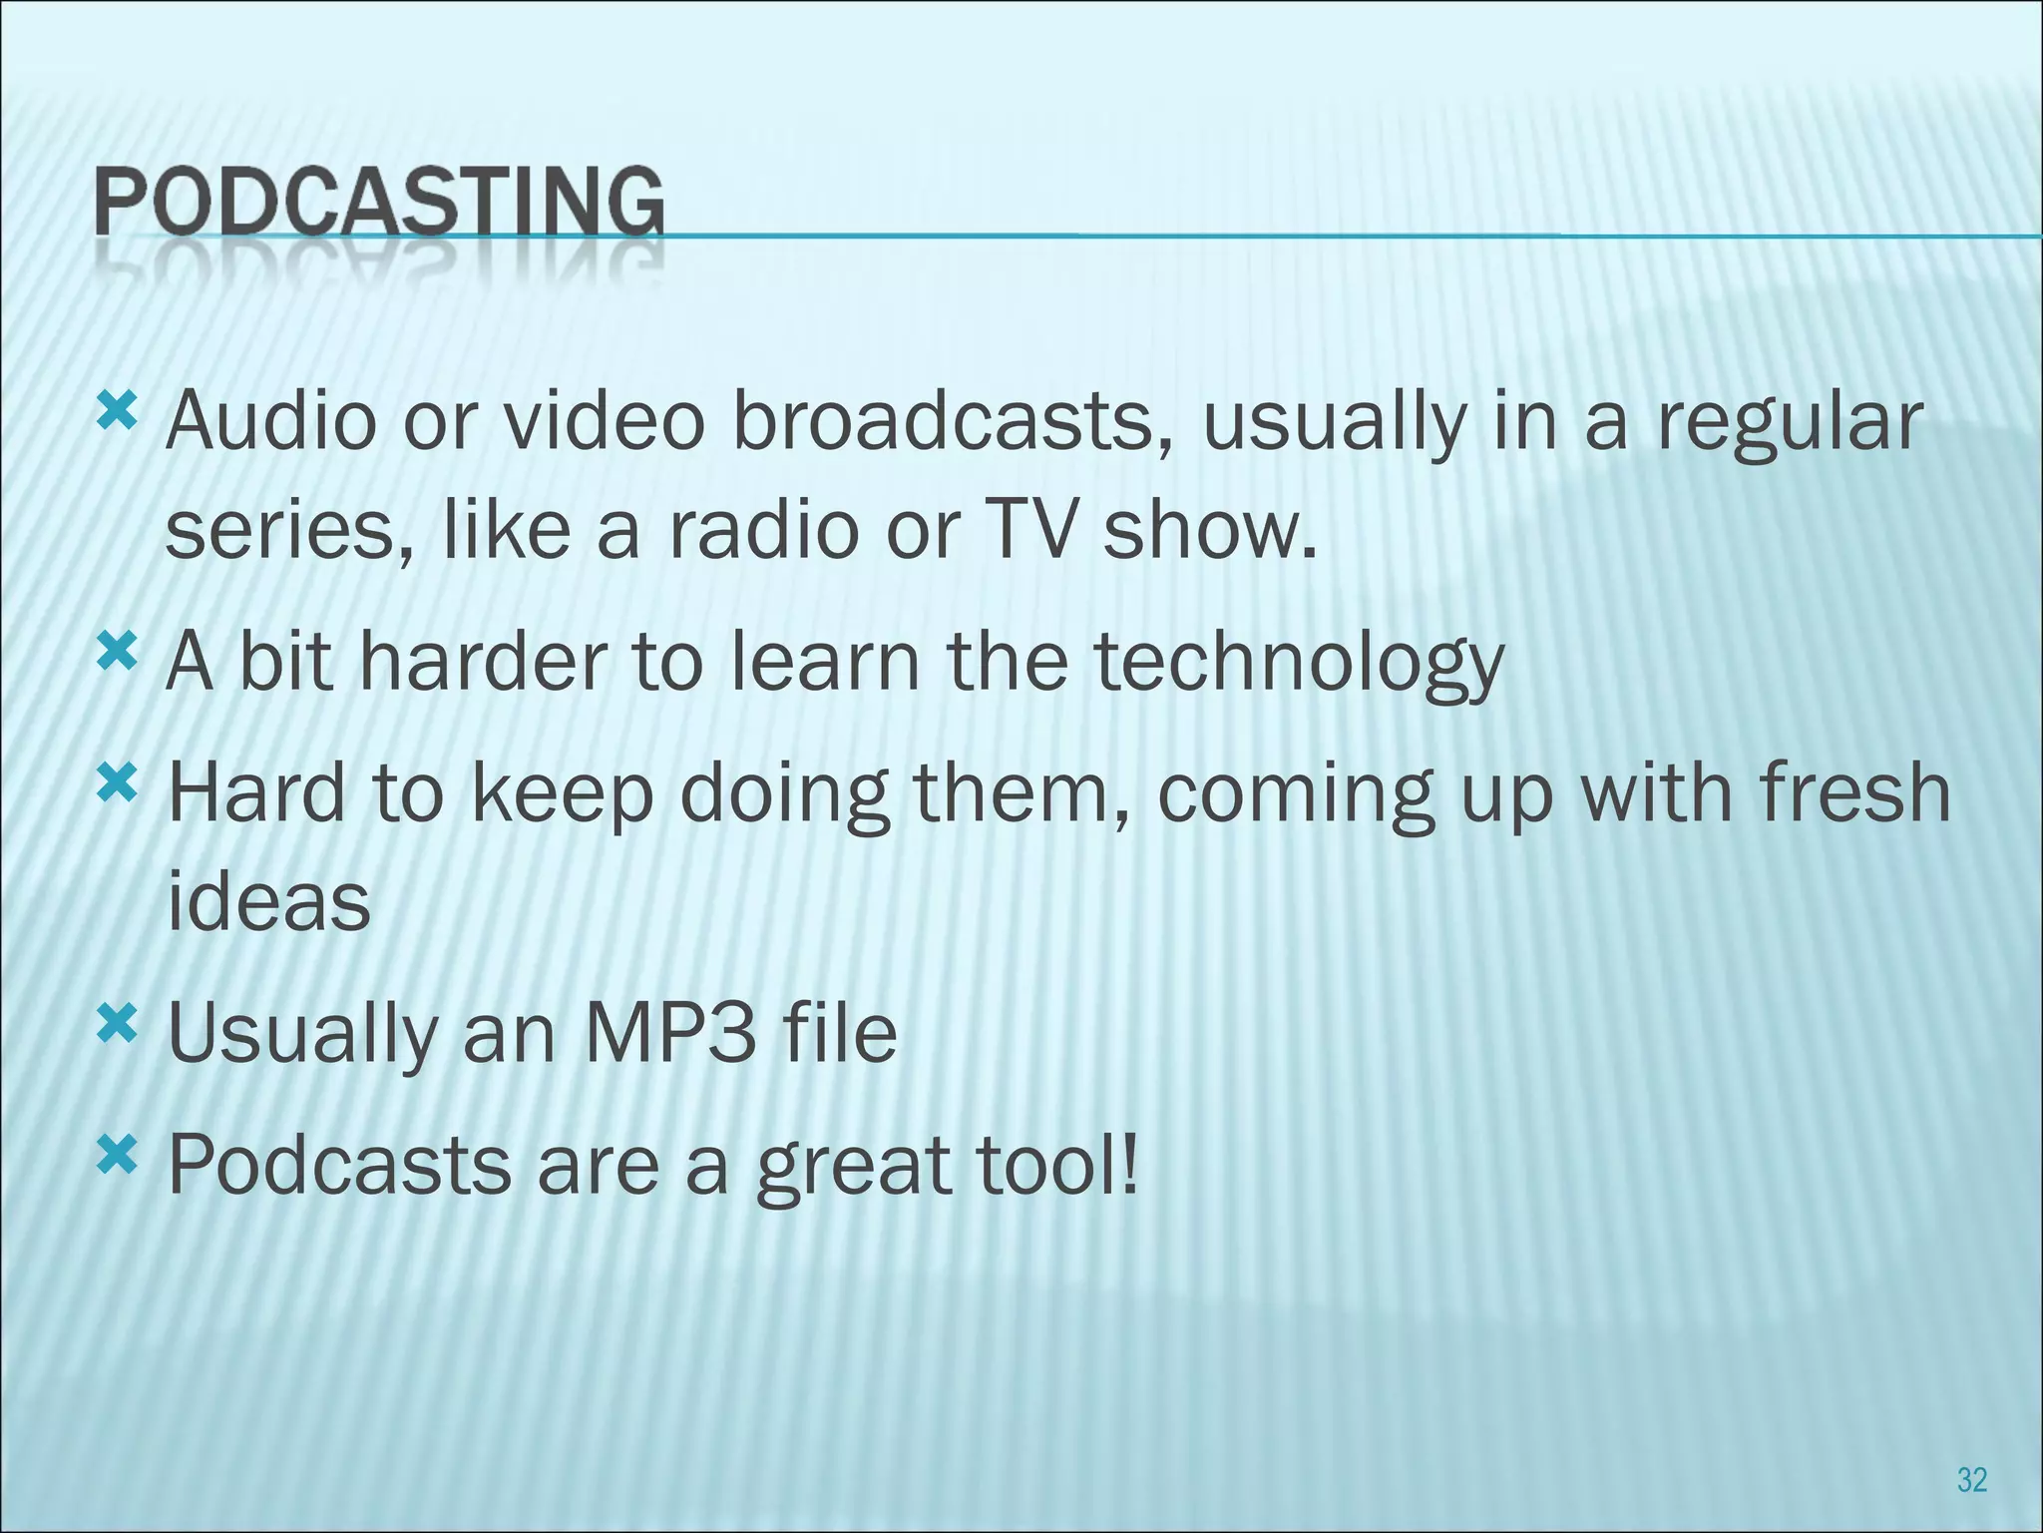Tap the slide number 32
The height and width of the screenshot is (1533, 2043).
point(1971,1479)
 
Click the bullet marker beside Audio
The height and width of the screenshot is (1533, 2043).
point(116,409)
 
